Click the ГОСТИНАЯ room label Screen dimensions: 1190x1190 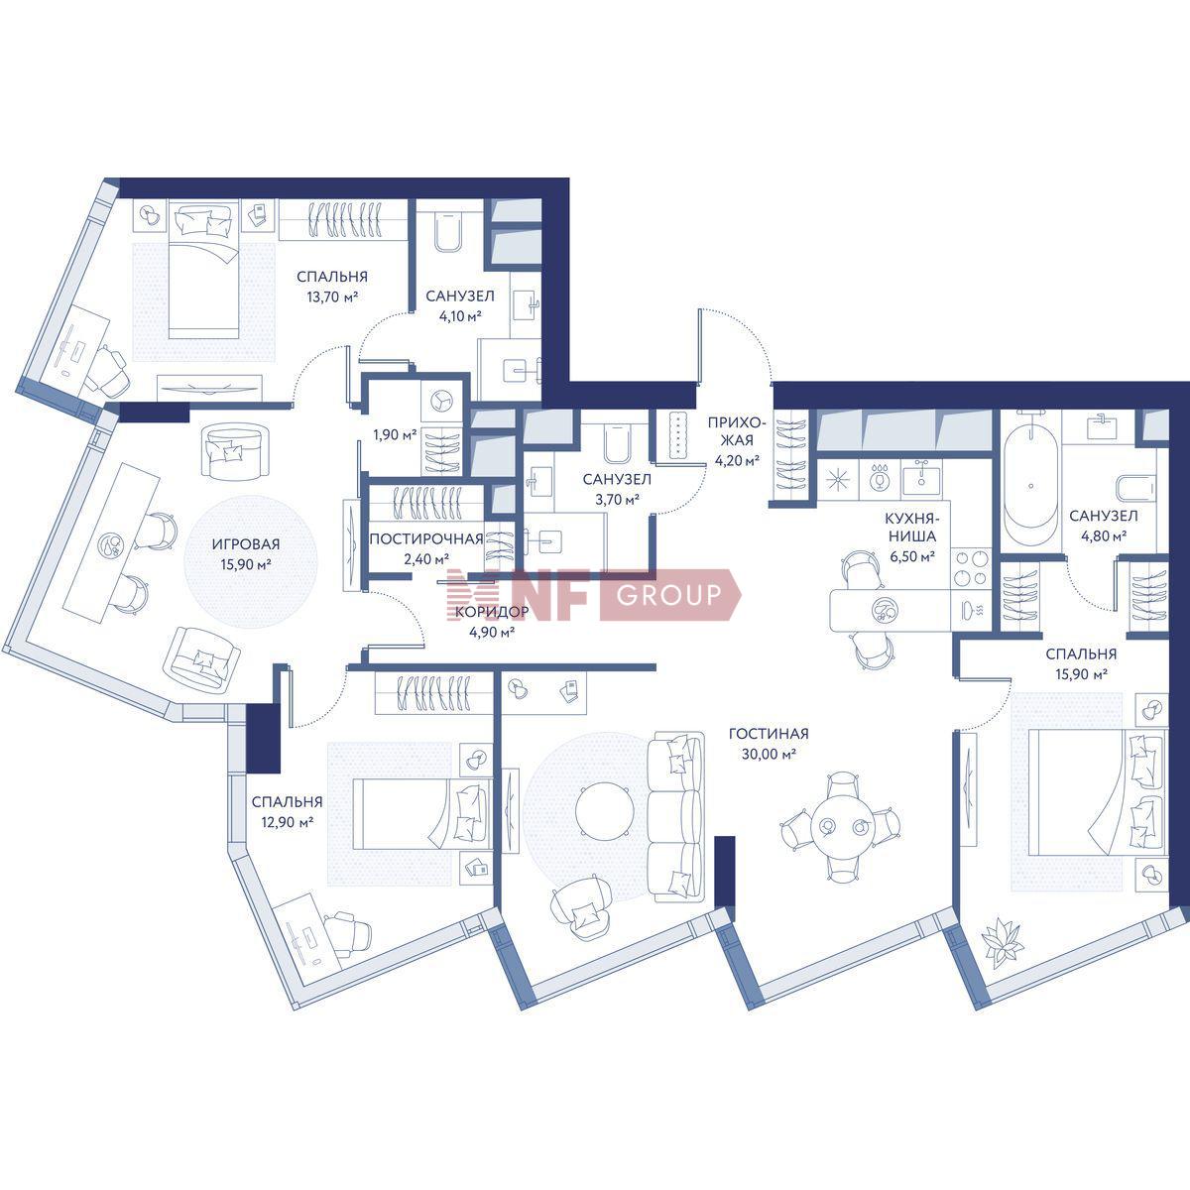pos(769,734)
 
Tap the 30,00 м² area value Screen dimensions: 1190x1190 pos(769,754)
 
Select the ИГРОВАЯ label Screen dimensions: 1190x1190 pos(246,544)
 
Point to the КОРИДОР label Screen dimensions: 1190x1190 pos(492,612)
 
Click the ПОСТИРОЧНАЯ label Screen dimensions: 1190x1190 pos(426,539)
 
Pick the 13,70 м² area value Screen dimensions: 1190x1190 pos(332,297)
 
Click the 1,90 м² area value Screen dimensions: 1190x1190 pos(395,434)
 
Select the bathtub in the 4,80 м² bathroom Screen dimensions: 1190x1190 pos(1030,484)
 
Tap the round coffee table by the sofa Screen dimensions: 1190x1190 pos(604,811)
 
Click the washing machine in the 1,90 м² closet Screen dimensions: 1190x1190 pos(440,402)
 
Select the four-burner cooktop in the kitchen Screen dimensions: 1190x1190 pos(970,568)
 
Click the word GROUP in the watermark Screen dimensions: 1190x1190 pos(668,594)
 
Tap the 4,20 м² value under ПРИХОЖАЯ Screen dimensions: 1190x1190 pos(736,460)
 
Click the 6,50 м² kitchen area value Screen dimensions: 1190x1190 pos(912,557)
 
